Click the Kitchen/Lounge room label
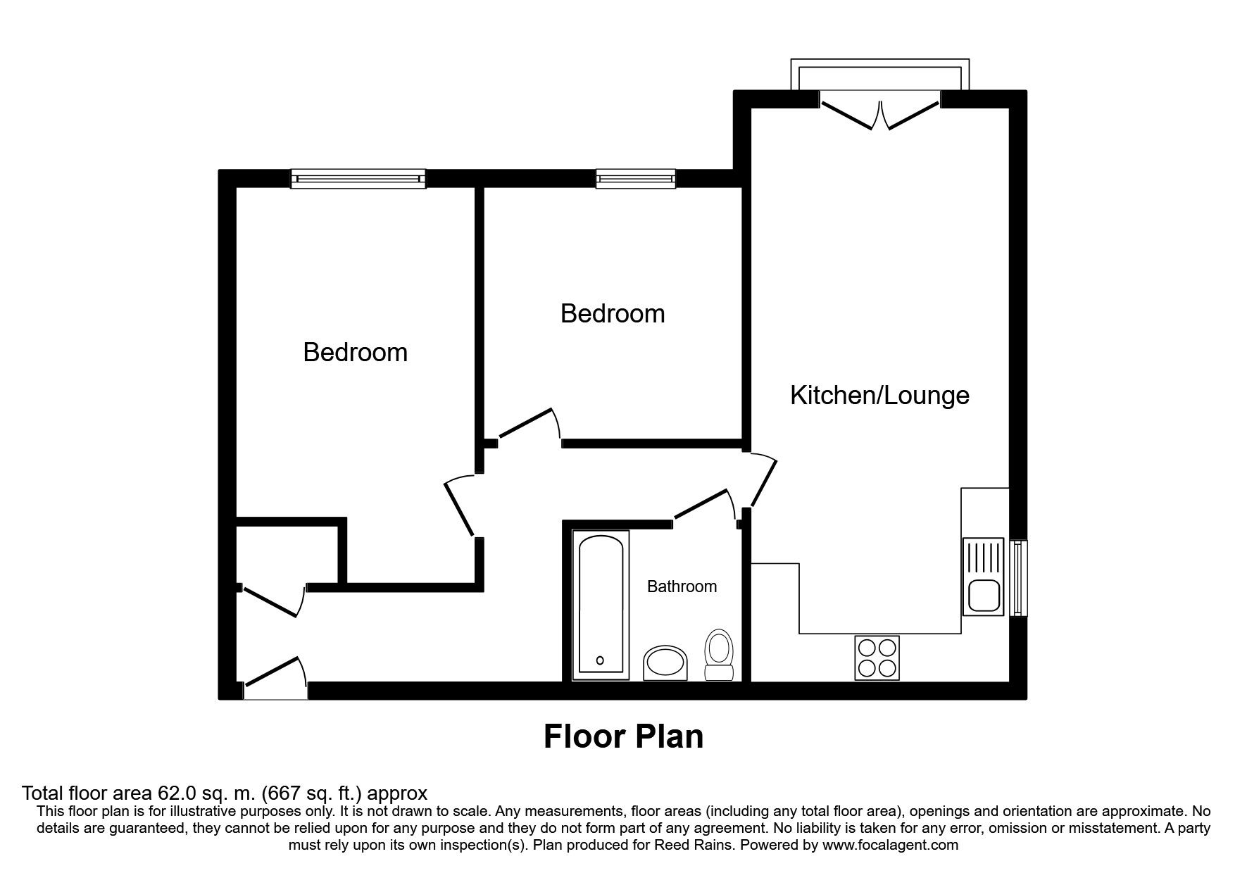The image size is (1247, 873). click(x=879, y=396)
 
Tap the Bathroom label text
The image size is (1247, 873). click(x=682, y=586)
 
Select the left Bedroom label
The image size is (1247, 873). click(x=355, y=352)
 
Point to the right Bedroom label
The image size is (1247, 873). click(x=613, y=313)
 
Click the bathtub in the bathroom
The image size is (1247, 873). click(x=601, y=605)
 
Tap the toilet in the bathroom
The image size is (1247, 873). click(x=720, y=655)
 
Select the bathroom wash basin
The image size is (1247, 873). click(x=666, y=663)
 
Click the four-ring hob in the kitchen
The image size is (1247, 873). click(x=877, y=658)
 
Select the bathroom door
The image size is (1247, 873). click(x=706, y=508)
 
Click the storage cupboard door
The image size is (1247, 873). click(x=272, y=601)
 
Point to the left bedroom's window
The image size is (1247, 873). click(x=359, y=179)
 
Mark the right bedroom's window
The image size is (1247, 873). click(x=636, y=179)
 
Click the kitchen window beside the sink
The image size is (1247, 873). click(x=1019, y=578)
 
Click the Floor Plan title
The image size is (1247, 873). click(x=624, y=736)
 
